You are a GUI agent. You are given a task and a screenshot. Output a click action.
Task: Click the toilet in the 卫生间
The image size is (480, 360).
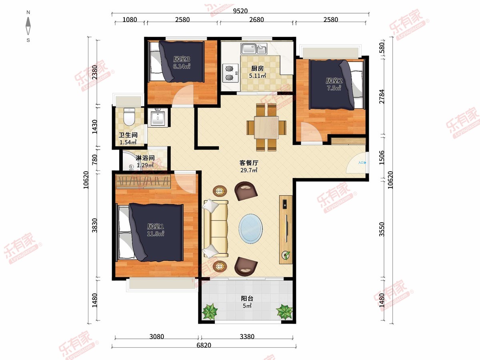(x=129, y=117)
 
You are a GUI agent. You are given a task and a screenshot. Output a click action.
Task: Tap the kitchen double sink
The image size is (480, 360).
(x=254, y=48)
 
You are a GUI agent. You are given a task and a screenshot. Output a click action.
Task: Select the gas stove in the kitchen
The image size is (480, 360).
(x=230, y=73)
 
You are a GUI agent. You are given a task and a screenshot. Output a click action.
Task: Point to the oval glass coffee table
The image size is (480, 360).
(x=251, y=229)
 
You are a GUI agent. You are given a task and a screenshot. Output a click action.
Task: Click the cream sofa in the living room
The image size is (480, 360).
(x=216, y=228)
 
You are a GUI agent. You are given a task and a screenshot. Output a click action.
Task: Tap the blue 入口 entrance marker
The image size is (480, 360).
(x=362, y=163)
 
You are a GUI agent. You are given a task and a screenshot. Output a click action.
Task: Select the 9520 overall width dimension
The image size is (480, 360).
(x=240, y=11)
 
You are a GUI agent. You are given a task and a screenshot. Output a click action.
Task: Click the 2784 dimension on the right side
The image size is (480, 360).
(x=382, y=96)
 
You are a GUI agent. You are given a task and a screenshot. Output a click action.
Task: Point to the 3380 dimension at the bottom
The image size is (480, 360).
(x=247, y=336)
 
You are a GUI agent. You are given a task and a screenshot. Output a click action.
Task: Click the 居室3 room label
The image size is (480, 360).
(x=182, y=59)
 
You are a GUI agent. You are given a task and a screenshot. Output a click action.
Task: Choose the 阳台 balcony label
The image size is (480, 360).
(x=247, y=298)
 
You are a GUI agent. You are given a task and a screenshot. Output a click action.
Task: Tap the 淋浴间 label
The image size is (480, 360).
(x=145, y=158)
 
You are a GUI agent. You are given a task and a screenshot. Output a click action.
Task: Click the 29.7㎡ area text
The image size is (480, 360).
(x=249, y=170)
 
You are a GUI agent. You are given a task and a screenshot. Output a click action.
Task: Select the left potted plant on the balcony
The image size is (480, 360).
(x=210, y=311)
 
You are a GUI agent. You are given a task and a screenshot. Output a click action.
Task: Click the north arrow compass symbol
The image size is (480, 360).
(x=28, y=26)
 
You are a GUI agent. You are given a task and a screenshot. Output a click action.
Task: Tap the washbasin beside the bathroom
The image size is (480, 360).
(x=158, y=118)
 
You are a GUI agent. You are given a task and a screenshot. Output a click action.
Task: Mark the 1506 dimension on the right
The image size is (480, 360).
(x=382, y=158)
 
